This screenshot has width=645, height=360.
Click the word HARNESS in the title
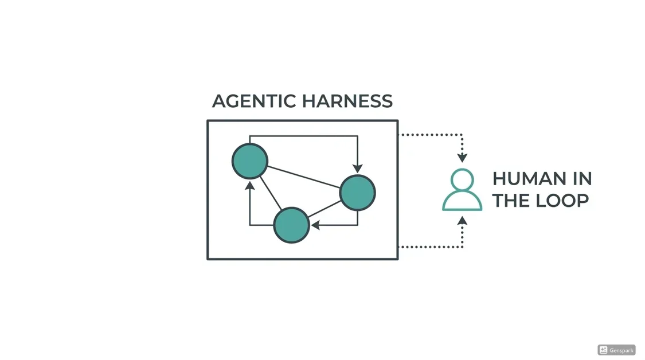(347, 101)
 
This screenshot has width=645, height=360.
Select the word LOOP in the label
(562, 201)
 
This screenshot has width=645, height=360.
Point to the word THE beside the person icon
(511, 201)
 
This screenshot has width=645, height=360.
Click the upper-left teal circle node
(250, 161)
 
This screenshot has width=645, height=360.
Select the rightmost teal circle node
(357, 193)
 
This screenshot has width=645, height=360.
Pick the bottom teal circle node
(291, 225)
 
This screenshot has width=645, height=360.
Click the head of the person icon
(462, 179)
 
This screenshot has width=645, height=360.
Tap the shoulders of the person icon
(462, 202)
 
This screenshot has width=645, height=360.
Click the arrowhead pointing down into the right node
(357, 169)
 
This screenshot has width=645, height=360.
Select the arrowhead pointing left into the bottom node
(315, 225)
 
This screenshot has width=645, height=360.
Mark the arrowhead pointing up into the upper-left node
(250, 186)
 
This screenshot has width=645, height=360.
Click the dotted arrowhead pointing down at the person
(462, 158)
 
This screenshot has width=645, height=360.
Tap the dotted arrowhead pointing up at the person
(462, 221)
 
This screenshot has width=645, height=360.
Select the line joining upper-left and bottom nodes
(271, 193)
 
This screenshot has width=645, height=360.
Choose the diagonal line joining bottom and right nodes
(324, 209)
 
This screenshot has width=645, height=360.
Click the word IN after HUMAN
(583, 179)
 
